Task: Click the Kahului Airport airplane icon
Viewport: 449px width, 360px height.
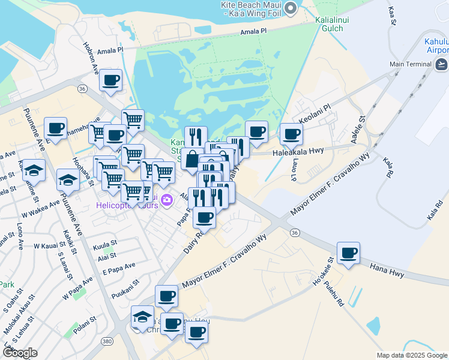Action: click(441, 64)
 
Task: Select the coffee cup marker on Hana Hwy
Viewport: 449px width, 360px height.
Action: click(348, 253)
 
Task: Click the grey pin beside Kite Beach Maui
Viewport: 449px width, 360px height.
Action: click(291, 8)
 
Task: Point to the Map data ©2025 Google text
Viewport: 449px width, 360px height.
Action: click(411, 355)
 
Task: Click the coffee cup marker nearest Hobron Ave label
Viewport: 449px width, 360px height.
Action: click(110, 80)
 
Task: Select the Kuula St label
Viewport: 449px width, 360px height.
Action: click(104, 246)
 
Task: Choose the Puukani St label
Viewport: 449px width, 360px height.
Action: click(125, 289)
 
